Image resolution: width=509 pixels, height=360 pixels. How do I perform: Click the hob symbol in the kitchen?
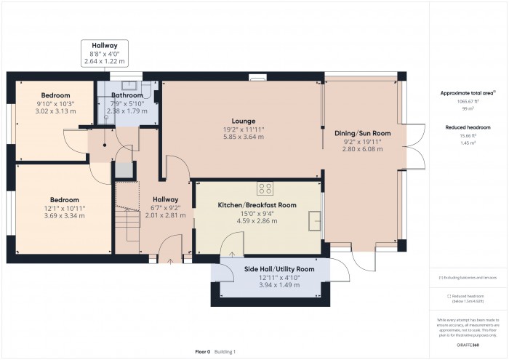(260, 185)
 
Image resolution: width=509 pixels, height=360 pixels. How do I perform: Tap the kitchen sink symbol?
(314, 220)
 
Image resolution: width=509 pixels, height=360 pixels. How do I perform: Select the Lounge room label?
(243, 121)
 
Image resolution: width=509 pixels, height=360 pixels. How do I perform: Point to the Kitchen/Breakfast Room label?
(257, 206)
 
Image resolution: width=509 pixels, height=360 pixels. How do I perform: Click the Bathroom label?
(127, 95)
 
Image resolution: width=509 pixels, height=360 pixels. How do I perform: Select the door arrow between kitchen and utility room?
(231, 254)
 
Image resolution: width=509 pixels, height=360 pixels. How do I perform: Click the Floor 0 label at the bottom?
(203, 351)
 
